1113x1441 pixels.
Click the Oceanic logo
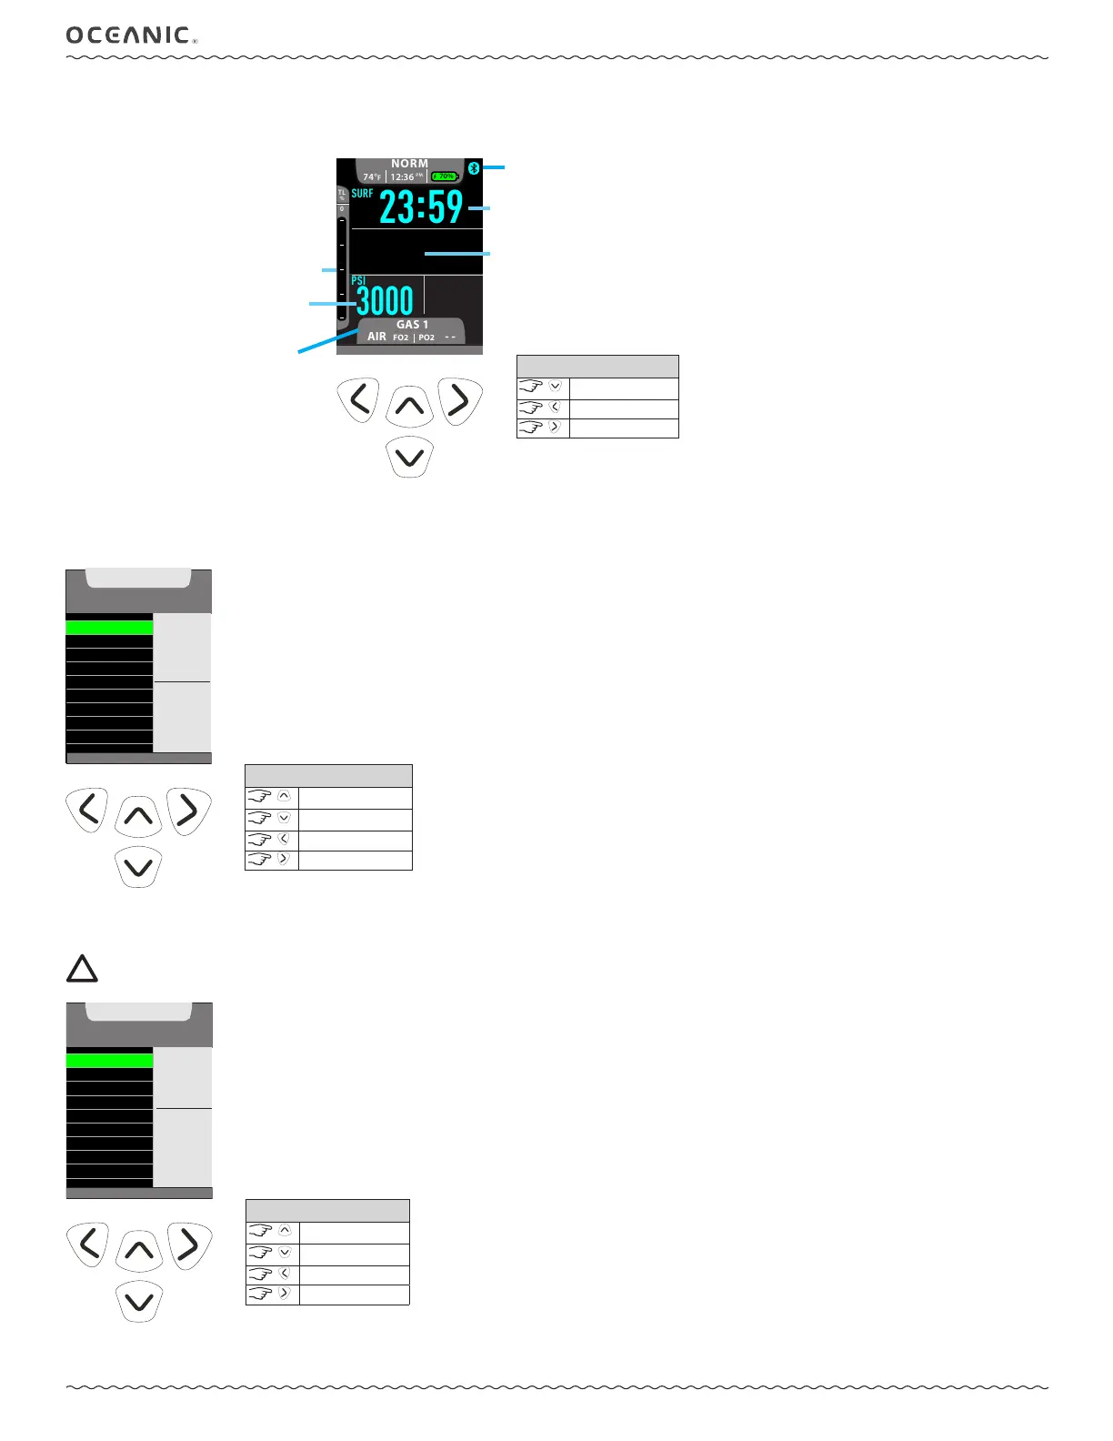click(130, 35)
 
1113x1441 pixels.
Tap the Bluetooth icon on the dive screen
click(473, 168)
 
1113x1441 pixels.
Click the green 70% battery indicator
click(445, 176)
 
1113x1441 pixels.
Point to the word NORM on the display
click(409, 164)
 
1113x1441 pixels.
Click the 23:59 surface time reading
click(421, 207)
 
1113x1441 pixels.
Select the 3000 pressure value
click(385, 301)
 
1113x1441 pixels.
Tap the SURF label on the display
click(362, 194)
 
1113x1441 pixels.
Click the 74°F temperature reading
click(372, 177)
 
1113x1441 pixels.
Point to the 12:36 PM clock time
click(406, 177)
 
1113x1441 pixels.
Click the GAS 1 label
click(412, 325)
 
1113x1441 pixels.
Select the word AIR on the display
click(376, 337)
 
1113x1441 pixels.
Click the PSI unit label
click(358, 281)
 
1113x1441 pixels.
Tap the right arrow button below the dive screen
click(460, 400)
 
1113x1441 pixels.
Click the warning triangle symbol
click(82, 969)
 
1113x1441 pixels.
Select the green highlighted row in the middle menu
click(109, 627)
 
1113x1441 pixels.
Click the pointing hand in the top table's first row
click(532, 387)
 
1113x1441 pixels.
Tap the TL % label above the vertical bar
click(342, 196)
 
